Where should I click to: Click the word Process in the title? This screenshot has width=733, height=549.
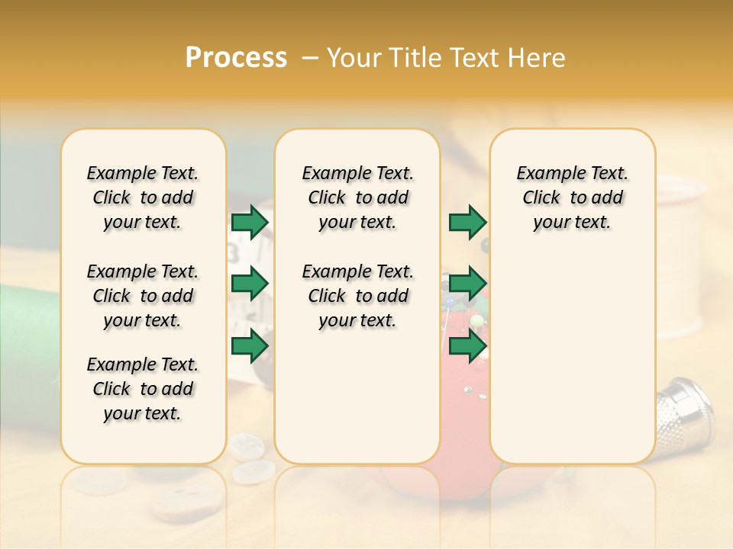(236, 58)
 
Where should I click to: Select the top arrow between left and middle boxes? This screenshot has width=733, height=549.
(250, 223)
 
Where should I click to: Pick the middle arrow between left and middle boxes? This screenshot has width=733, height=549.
(250, 284)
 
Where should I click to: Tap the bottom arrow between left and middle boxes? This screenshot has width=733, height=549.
(250, 346)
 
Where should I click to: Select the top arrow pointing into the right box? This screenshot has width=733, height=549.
(467, 223)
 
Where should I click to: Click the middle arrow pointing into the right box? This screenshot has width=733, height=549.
(467, 284)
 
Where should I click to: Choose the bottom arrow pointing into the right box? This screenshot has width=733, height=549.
(467, 346)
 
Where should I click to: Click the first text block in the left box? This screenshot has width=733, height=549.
(143, 197)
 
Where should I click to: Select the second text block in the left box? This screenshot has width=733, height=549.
(143, 296)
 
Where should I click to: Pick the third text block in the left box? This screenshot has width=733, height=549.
(143, 389)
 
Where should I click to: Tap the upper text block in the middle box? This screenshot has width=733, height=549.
(357, 197)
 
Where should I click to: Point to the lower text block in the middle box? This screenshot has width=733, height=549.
(357, 296)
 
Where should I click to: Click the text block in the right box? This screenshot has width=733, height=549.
(572, 197)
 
